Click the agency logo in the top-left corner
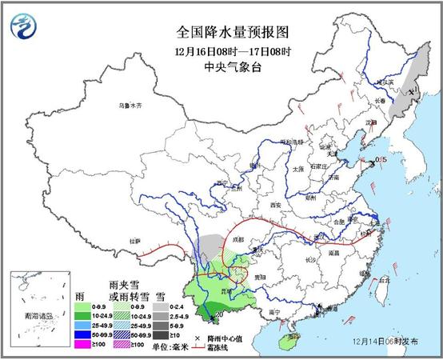[x=24, y=29]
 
